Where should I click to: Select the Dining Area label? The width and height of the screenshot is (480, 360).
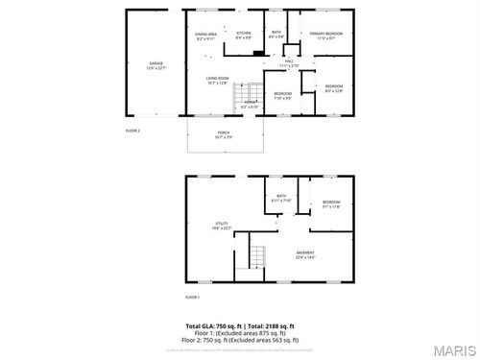pyautogui.click(x=206, y=36)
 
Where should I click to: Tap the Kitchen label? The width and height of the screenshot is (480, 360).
pyautogui.click(x=244, y=36)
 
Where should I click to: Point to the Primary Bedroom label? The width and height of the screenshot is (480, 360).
pyautogui.click(x=327, y=36)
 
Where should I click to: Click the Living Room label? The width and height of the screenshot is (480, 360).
pyautogui.click(x=217, y=81)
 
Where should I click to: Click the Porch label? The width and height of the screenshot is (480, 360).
pyautogui.click(x=223, y=133)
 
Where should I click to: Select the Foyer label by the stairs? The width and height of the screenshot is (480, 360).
pyautogui.click(x=250, y=104)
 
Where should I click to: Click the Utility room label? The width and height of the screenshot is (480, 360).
pyautogui.click(x=221, y=226)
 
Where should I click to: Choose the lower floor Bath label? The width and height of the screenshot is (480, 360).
pyautogui.click(x=282, y=199)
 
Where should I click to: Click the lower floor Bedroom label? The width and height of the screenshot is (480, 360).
pyautogui.click(x=331, y=203)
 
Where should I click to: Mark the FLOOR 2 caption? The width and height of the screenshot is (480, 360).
pyautogui.click(x=133, y=130)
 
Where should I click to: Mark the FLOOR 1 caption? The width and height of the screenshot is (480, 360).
pyautogui.click(x=191, y=297)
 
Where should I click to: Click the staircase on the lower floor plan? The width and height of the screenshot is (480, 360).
pyautogui.click(x=256, y=256)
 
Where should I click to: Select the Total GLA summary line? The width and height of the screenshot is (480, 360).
pyautogui.click(x=240, y=326)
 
